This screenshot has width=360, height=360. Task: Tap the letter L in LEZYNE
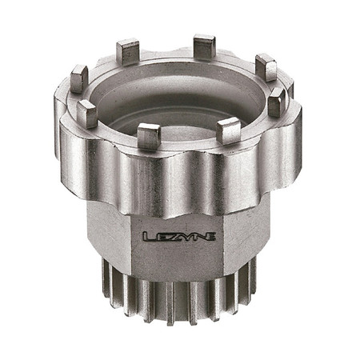(149, 236)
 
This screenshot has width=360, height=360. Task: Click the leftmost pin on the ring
(79, 79)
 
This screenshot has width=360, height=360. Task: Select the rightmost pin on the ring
(277, 102)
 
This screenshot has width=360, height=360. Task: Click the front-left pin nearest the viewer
(149, 136)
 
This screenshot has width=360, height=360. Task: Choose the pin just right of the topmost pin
(266, 67)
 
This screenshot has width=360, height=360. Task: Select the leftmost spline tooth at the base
(105, 276)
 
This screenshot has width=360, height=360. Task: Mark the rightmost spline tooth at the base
(254, 276)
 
